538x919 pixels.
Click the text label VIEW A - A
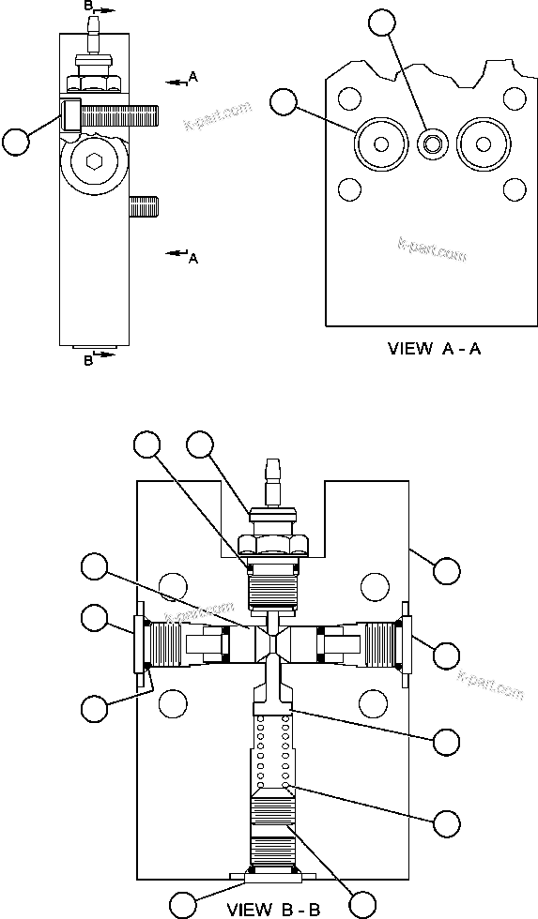click(434, 349)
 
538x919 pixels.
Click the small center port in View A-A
click(433, 143)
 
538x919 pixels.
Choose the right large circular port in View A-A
click(484, 143)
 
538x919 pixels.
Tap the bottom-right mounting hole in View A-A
click(513, 189)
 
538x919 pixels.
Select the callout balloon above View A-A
click(380, 22)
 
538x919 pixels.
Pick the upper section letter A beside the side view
click(192, 75)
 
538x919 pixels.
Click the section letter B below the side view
click(88, 361)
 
